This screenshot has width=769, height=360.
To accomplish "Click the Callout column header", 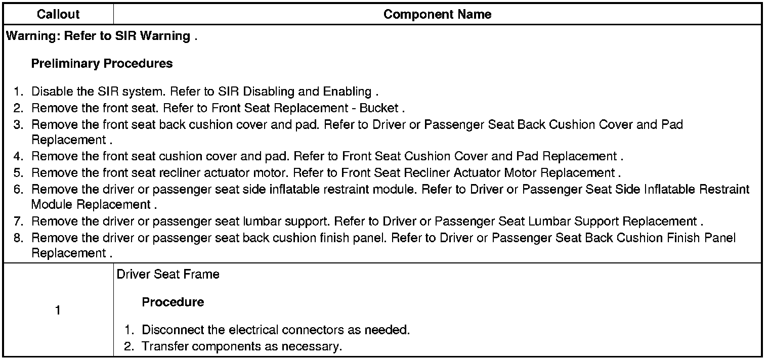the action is (x=58, y=14).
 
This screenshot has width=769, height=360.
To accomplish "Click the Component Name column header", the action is (x=437, y=14).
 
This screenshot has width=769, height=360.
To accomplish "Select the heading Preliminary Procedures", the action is (x=102, y=64).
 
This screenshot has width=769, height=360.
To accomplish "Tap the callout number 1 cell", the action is (x=58, y=310).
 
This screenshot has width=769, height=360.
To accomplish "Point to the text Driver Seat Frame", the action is (x=168, y=274).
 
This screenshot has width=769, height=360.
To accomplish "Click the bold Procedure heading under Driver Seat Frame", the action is (x=173, y=302).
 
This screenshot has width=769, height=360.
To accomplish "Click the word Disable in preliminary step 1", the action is (x=50, y=92).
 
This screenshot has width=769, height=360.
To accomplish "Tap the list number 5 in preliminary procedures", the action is (x=18, y=172).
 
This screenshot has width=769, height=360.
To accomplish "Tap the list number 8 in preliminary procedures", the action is (x=18, y=237).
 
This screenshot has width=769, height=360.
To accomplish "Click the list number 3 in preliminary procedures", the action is (x=18, y=124).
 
